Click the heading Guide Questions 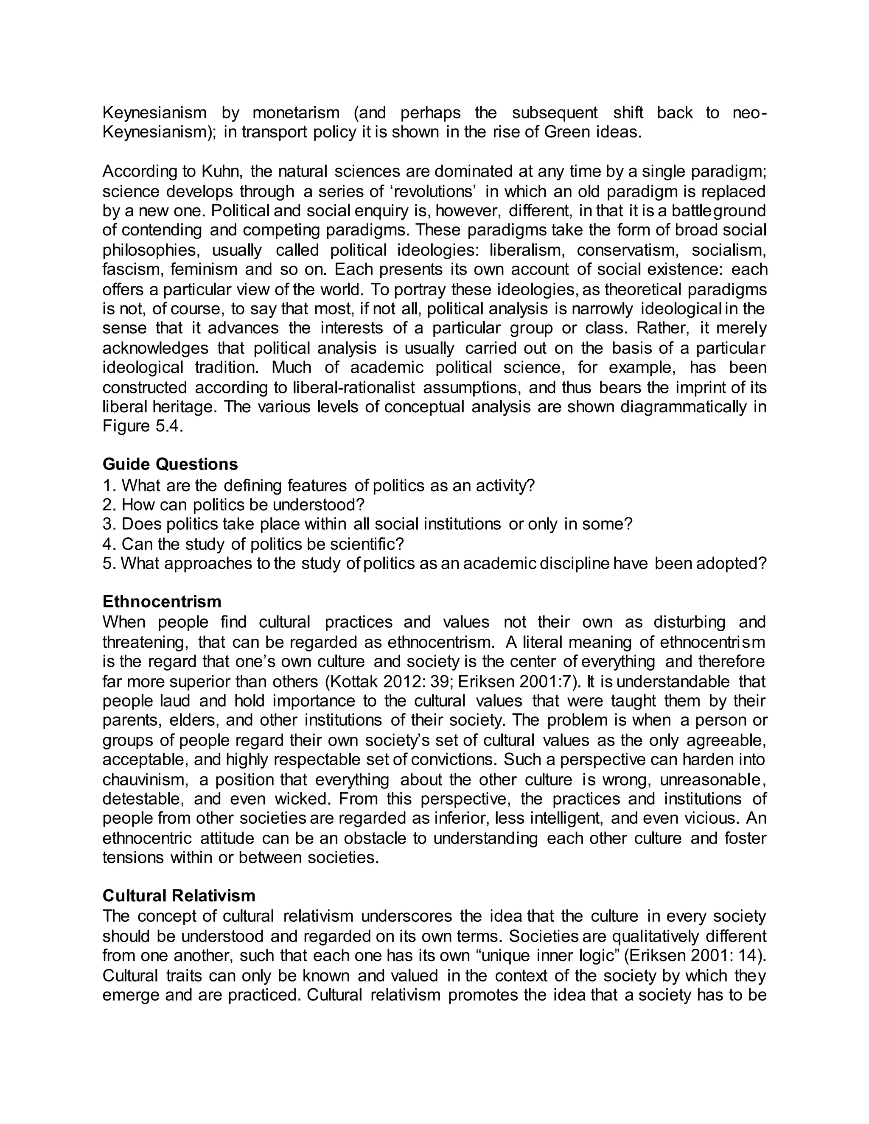click(x=170, y=464)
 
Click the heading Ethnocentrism click(x=162, y=601)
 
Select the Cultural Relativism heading click(x=179, y=896)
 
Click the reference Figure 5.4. click(x=142, y=427)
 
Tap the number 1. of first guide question click(x=109, y=485)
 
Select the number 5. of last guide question click(x=109, y=564)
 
